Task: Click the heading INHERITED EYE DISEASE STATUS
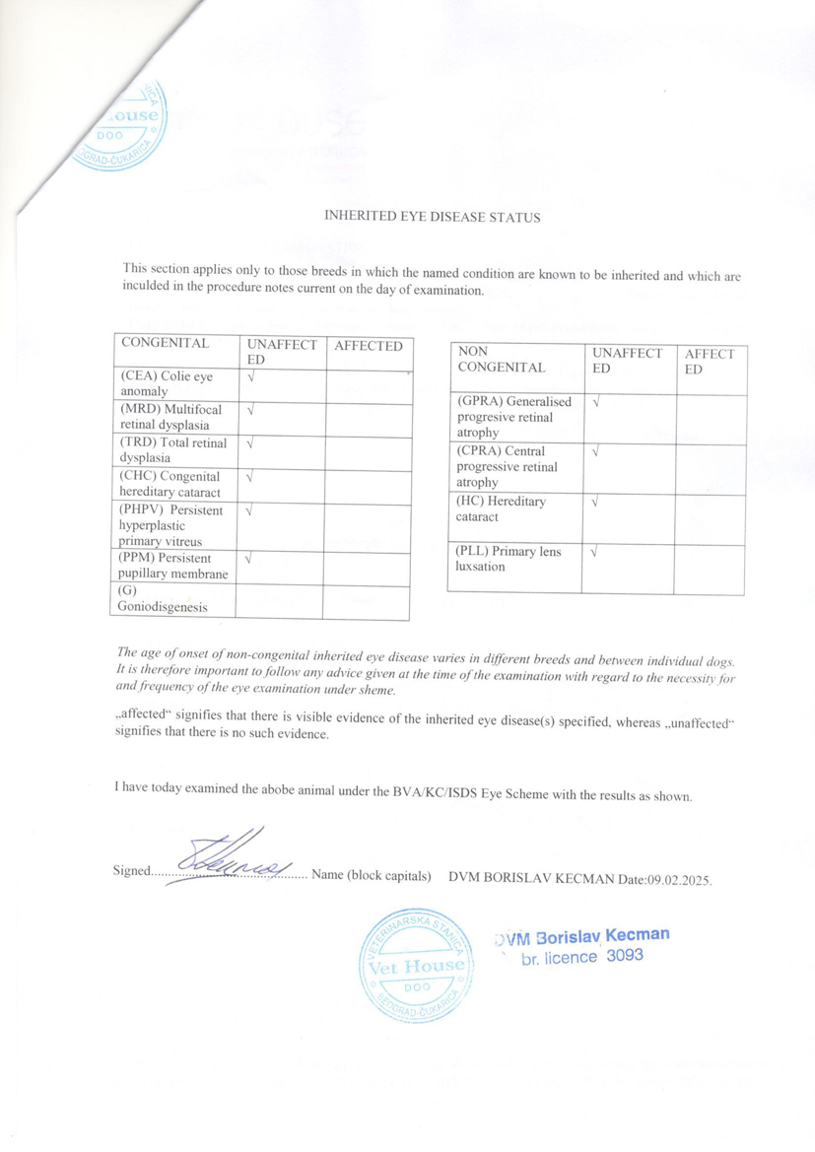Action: click(x=433, y=217)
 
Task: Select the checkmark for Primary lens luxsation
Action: click(x=593, y=552)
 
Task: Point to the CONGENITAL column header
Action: click(x=165, y=344)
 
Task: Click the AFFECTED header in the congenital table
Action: click(x=368, y=346)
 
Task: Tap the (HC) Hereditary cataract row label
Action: click(x=502, y=508)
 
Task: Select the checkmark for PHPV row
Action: click(x=251, y=511)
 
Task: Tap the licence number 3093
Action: click(x=625, y=955)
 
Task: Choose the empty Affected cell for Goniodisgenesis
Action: click(x=367, y=602)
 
